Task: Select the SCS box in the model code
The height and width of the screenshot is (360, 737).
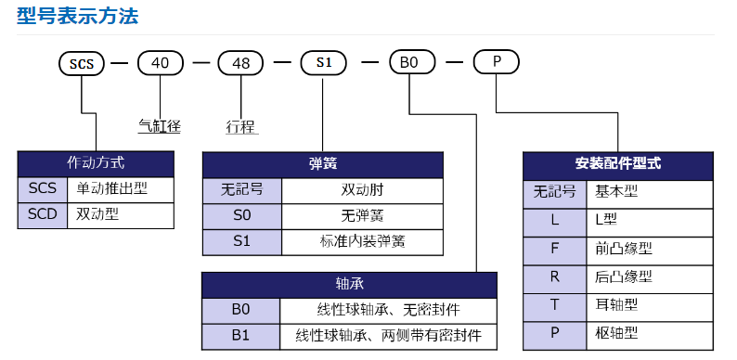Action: pos(81,63)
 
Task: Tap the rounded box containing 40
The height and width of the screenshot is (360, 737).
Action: pos(161,63)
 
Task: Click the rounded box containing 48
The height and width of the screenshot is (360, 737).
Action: pos(240,63)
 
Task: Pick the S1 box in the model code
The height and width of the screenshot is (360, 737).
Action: pos(323,63)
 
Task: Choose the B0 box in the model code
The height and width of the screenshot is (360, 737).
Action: pos(409,63)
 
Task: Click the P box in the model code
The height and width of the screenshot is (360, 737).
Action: pos(497,63)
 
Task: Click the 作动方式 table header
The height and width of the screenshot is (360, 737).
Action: pos(96,162)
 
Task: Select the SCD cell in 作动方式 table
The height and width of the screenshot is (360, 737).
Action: pos(42,214)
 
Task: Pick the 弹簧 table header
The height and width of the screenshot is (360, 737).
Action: pos(322,163)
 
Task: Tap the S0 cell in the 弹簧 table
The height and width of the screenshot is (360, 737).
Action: pos(242,215)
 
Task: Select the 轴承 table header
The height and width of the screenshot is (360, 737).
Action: pos(349,284)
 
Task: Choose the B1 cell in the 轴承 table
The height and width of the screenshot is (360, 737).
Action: pos(241,335)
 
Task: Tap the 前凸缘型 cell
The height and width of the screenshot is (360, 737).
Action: pos(624,249)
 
